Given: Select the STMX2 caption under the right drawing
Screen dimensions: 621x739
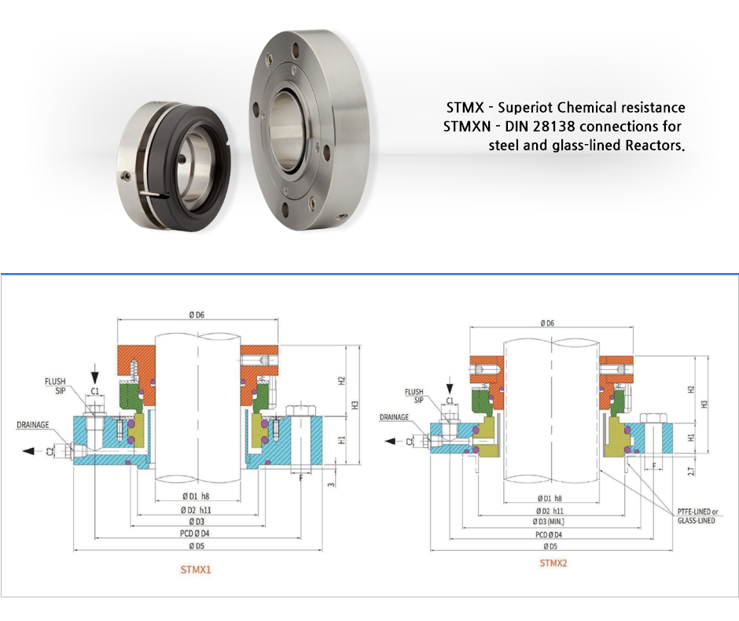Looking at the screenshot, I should pos(553,563).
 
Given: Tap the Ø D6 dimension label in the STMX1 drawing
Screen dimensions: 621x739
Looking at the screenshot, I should pos(196,314).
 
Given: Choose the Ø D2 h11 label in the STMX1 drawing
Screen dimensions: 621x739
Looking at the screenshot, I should pos(196,509).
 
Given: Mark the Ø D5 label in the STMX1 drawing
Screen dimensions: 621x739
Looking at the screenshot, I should pos(196,545).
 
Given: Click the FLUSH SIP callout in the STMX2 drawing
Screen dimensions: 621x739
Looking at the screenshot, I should pos(414,395).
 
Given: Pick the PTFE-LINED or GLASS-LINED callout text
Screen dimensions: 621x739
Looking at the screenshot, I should pos(696,516).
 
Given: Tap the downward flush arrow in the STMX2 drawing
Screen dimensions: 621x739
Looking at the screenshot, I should pos(450,386).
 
